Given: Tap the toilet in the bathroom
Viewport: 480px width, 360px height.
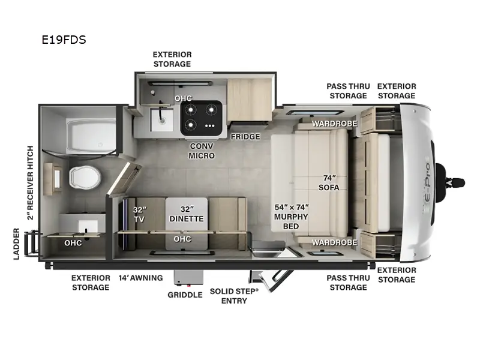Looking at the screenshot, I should click(80, 177).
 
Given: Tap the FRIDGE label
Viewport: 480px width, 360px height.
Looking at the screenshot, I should click(245, 137).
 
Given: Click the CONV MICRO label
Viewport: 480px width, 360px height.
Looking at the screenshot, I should click(202, 151).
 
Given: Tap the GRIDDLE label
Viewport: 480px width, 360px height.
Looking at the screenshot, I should click(184, 295).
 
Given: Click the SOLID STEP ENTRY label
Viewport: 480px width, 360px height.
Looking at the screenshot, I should click(233, 296).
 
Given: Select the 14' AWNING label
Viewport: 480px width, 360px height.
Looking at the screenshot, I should click(140, 278).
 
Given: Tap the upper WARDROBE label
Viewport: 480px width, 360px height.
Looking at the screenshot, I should click(334, 124).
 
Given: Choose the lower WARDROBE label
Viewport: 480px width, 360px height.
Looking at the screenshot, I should click(334, 242).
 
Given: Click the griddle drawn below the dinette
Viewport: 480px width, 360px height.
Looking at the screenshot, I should click(184, 278).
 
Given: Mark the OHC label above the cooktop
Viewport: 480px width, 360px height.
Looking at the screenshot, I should click(183, 98).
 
